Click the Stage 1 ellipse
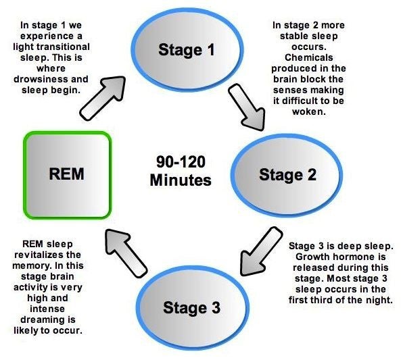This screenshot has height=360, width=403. pyautogui.click(x=187, y=49)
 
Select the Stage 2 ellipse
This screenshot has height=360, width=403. pyautogui.click(x=287, y=175)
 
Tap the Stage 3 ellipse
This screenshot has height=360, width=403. pyautogui.click(x=192, y=307)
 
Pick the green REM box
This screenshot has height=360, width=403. pyautogui.click(x=68, y=175)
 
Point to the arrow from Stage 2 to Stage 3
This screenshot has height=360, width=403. pyautogui.click(x=260, y=252)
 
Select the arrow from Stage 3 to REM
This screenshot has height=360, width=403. pyautogui.click(x=125, y=253)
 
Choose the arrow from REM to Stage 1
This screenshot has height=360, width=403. pyautogui.click(x=103, y=98)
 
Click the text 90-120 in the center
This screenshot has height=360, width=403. pyautogui.click(x=181, y=162)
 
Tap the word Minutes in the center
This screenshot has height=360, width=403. pyautogui.click(x=181, y=180)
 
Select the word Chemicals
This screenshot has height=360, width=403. pyautogui.click(x=309, y=57)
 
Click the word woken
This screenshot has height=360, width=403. pyautogui.click(x=309, y=111)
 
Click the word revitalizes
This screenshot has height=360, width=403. pyautogui.click(x=39, y=255)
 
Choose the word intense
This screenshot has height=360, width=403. pyautogui.click(x=47, y=309)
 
